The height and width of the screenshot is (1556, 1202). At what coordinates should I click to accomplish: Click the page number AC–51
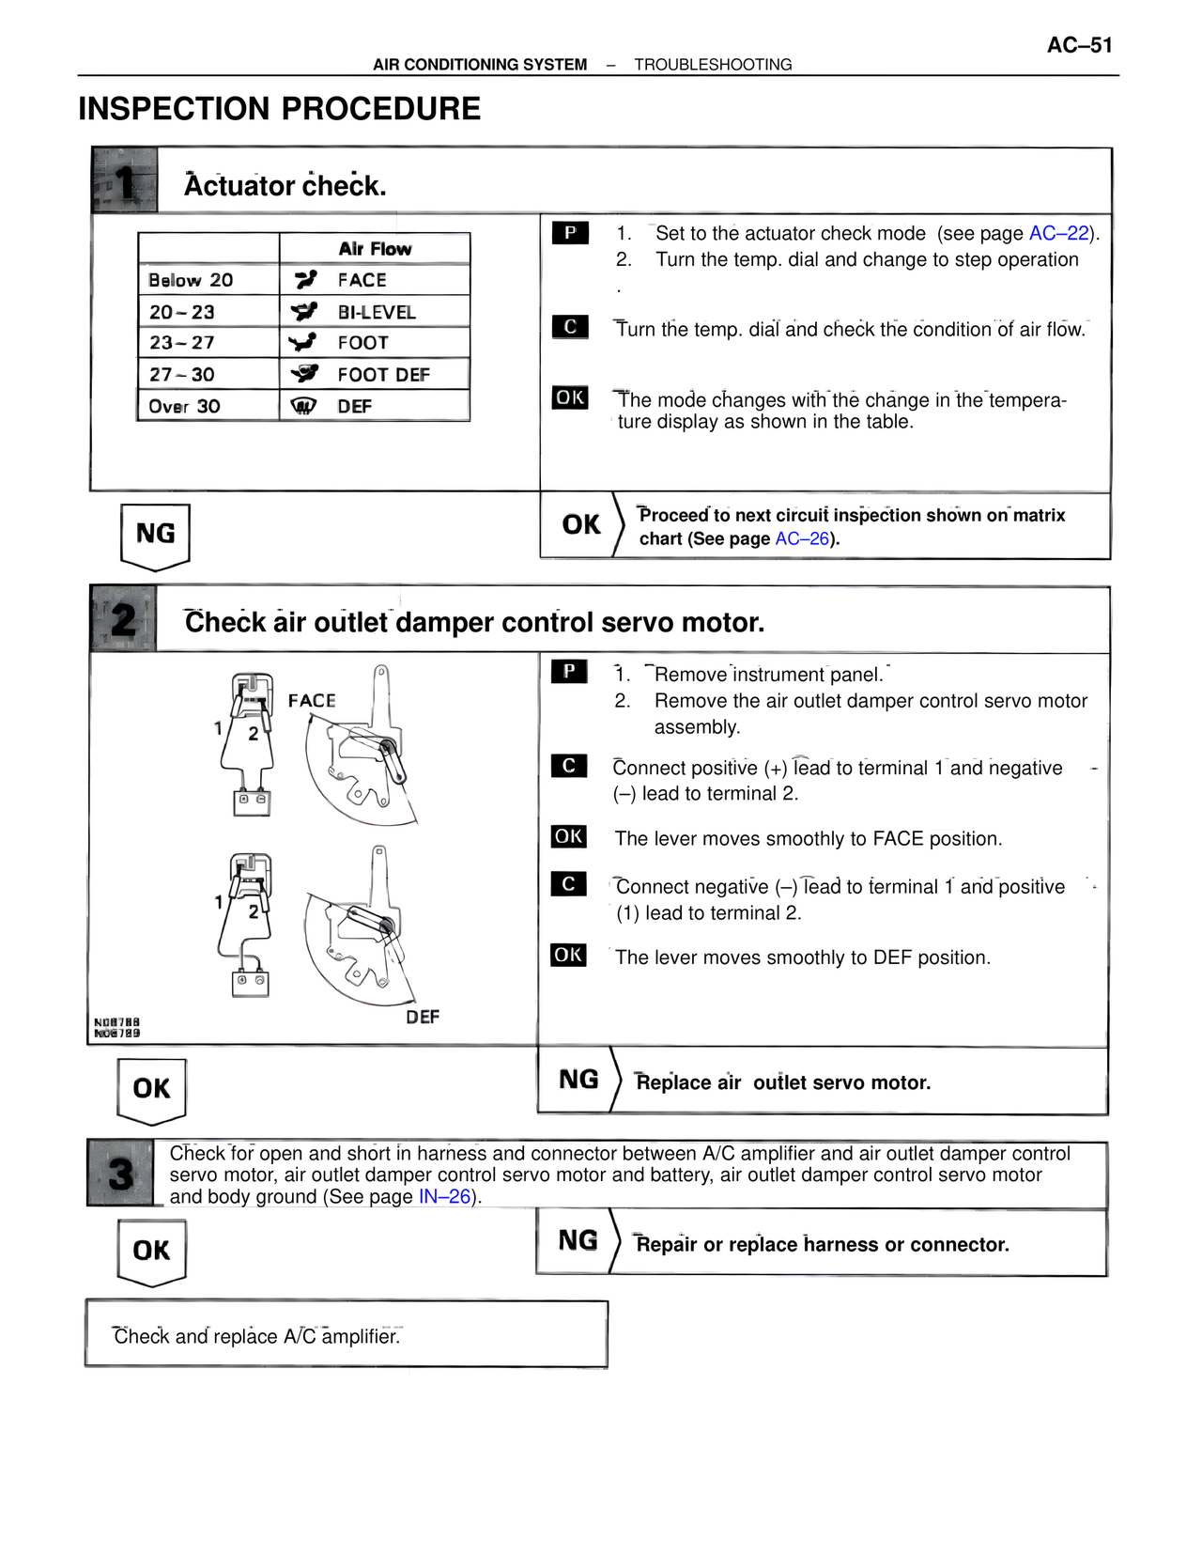pos(1079,45)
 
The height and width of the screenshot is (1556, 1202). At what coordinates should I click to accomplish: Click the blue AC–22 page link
pos(1058,233)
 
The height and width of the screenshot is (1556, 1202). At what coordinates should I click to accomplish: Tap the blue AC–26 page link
pos(802,538)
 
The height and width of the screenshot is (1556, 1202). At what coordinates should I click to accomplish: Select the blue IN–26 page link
pos(444,1197)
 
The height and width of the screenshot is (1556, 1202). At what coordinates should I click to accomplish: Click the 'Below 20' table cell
pos(191,280)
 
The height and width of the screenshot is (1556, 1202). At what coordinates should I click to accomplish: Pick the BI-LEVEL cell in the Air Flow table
pos(376,312)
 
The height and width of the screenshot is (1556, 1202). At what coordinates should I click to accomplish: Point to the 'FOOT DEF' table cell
pos(383,375)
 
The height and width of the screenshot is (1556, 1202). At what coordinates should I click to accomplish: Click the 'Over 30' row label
pos(184,406)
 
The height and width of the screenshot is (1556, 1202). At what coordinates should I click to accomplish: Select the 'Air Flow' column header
pos(375,249)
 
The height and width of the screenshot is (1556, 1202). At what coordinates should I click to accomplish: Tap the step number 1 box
pos(124,180)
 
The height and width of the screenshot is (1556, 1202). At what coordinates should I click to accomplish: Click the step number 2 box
pos(123,619)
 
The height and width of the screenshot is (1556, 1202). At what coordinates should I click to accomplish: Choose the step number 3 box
pos(120,1174)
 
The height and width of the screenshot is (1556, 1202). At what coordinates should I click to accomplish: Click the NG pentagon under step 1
pos(156,535)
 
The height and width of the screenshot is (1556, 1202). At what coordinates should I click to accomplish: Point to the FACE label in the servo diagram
pos(312,701)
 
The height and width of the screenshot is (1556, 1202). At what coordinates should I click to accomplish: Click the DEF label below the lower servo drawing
pos(423,1017)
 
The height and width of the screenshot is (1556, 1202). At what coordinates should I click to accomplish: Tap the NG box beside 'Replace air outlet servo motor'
pos(578,1080)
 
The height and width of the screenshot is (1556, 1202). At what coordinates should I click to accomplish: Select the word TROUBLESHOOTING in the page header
pos(713,65)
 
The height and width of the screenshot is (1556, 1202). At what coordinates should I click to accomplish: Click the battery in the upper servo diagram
pos(252,801)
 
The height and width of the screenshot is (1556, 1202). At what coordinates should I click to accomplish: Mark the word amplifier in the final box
pos(361,1336)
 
